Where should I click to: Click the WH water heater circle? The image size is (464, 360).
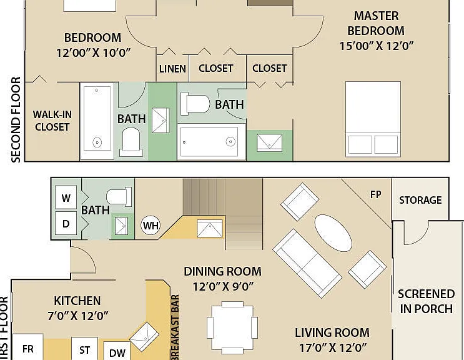[x=151, y=225]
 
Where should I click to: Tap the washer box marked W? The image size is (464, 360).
[x=66, y=197]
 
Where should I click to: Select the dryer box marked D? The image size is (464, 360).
[x=66, y=223]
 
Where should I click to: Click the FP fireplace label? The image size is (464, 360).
[x=375, y=194]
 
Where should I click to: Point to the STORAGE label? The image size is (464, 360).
[x=420, y=200]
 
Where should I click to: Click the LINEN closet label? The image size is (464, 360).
[x=172, y=69]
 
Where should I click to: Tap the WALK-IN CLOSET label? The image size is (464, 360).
[x=52, y=121]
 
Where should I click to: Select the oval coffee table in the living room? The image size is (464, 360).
[x=333, y=233]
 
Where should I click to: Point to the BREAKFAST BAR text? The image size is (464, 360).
[x=175, y=327]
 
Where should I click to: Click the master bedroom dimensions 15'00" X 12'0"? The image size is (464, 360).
[x=376, y=46]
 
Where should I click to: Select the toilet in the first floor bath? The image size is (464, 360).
[x=119, y=197]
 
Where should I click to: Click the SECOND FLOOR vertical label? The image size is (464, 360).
[x=16, y=119]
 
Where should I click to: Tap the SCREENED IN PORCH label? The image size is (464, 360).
[x=426, y=301]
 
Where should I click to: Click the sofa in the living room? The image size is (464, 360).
[x=307, y=263]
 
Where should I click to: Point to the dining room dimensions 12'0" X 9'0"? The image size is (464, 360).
[x=223, y=287]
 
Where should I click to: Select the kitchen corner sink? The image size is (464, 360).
[x=144, y=337]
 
